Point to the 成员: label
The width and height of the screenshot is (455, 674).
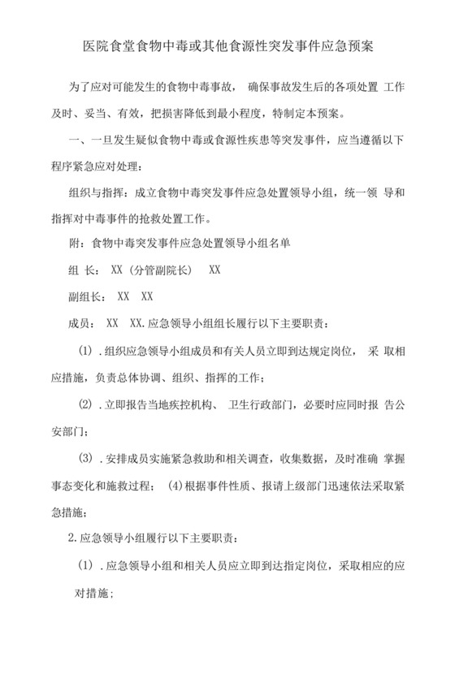pos(80,323)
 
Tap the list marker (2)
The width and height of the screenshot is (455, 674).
pos(85,404)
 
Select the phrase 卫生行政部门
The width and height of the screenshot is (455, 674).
pos(266,404)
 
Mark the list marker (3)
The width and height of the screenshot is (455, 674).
pos(85,459)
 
